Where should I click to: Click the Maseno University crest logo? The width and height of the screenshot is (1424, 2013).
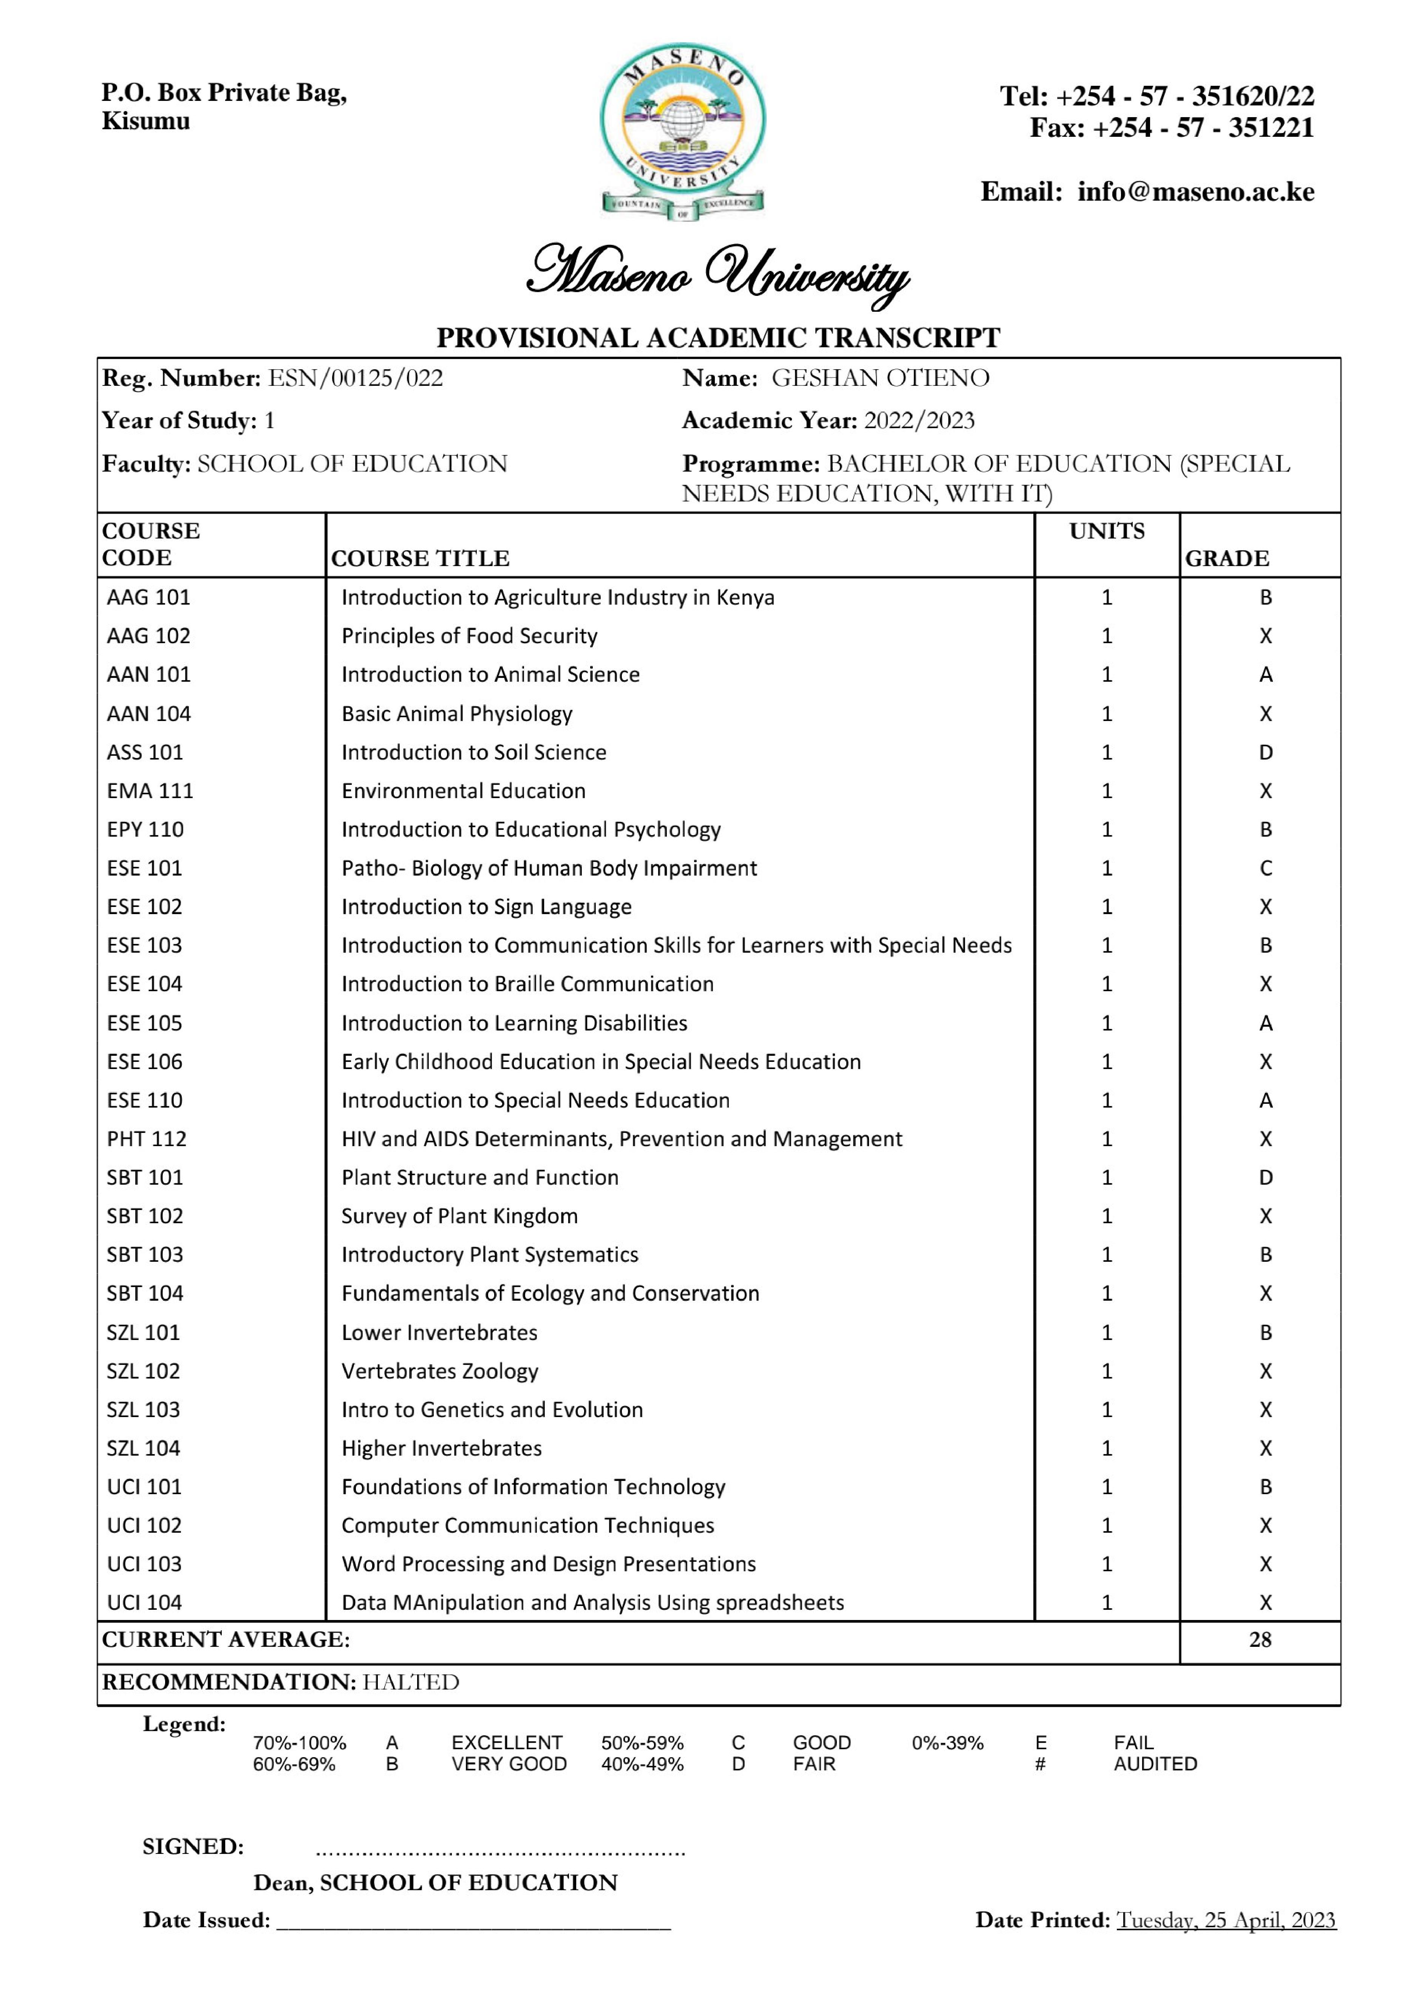(x=682, y=132)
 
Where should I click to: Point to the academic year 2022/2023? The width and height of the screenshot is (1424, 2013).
(x=919, y=421)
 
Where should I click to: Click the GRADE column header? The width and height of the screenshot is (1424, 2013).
(x=1227, y=559)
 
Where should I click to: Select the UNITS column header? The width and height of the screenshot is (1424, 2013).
(x=1107, y=531)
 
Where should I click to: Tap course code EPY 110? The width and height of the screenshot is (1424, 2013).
(x=145, y=829)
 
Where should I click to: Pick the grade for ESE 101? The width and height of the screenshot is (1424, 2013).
(x=1265, y=868)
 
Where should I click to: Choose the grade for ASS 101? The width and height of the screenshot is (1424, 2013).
(x=1265, y=752)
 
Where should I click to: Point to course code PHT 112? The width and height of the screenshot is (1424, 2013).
(x=147, y=1139)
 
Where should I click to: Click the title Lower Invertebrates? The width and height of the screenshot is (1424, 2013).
(x=439, y=1333)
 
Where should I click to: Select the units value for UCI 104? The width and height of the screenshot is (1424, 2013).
(x=1107, y=1603)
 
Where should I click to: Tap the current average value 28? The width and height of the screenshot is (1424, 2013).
(x=1260, y=1640)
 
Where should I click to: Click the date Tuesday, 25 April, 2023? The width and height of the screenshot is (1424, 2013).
(x=1225, y=1920)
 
